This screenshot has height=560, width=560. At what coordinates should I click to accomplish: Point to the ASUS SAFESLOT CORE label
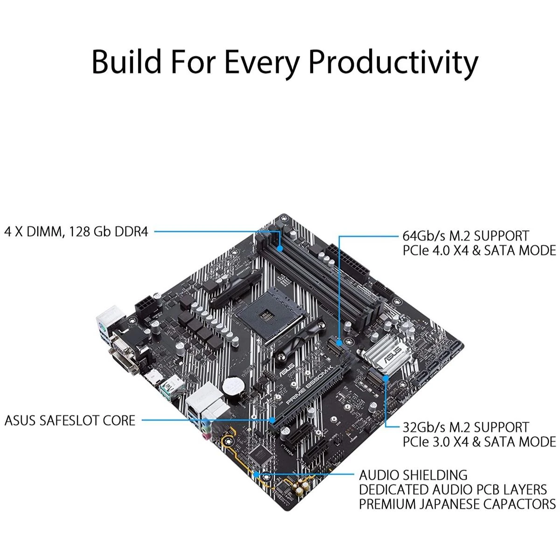click(x=70, y=420)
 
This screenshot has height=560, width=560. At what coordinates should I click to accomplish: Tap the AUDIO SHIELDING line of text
click(x=413, y=475)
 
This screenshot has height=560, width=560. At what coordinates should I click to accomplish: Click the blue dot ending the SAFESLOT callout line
click(x=271, y=420)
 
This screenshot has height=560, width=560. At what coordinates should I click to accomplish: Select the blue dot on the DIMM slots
click(x=280, y=249)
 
